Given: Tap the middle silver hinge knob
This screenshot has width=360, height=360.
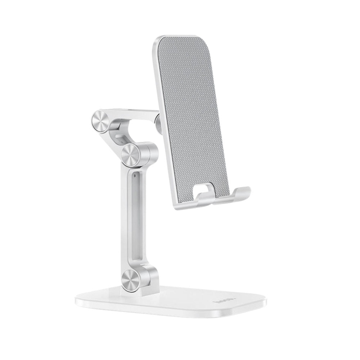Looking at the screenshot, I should pos(130,155).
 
